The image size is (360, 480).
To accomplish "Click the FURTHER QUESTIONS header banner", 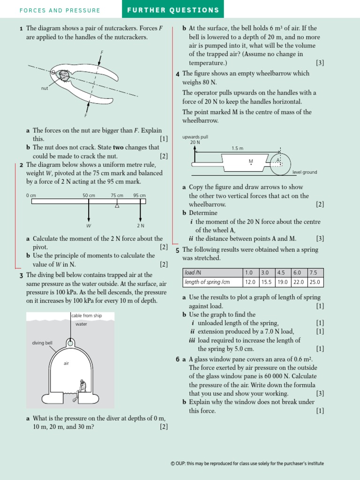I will pos(172,10).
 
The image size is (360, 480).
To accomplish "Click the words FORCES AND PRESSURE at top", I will pos(60,10).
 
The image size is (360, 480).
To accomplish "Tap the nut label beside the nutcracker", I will pos(45,88).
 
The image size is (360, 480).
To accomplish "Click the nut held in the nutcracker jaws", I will pos(63,75).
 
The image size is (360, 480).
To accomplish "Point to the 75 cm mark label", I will pos(117,195).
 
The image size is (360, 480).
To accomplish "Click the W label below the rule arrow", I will pos(89,225).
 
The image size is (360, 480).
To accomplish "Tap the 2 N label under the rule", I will pos(140,225).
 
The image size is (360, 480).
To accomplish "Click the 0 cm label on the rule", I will pos(31,195).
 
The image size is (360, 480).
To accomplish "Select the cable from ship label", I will pos(86,315).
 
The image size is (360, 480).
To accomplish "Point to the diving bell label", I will pos(42,343).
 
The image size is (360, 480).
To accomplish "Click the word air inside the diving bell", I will pos(66,363).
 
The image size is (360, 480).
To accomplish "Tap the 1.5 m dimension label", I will pos(237,148).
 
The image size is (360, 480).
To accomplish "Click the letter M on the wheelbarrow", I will pos(251,161).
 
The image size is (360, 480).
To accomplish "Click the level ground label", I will pos(305,172).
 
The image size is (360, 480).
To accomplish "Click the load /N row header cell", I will pos(212,272).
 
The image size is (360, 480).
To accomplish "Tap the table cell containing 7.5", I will pos(315,272).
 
